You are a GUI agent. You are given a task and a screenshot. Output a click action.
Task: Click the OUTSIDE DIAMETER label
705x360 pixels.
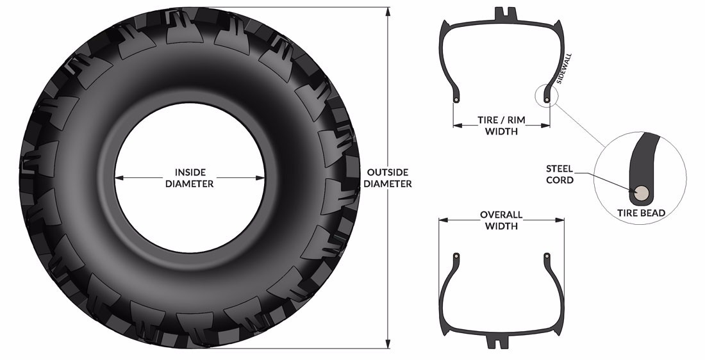pos(388,178)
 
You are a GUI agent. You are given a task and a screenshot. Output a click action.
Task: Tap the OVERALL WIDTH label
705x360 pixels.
pos(501,220)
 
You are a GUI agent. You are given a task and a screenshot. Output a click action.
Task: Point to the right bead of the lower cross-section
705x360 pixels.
pos(547,256)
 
